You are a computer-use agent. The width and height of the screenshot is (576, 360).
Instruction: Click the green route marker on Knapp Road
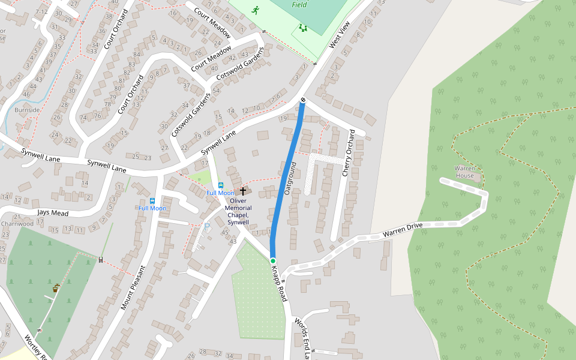(272, 260)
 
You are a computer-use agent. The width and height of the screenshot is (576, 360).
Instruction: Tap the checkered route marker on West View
(303, 100)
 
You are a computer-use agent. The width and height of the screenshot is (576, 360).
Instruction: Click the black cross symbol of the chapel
(243, 191)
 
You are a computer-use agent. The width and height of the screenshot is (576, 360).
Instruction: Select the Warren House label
(464, 172)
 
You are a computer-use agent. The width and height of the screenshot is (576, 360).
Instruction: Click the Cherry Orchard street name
(349, 152)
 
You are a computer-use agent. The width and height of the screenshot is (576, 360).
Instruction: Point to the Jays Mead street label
(53, 213)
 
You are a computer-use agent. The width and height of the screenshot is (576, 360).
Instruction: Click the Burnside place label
(28, 110)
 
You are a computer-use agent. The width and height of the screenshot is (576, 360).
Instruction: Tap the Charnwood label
(17, 224)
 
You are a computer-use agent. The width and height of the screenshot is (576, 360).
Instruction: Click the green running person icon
(256, 10)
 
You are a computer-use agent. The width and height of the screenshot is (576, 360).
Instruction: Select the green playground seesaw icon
(303, 28)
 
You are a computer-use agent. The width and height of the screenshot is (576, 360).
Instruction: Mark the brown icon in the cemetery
(56, 289)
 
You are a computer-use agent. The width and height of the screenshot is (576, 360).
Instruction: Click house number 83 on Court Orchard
(131, 64)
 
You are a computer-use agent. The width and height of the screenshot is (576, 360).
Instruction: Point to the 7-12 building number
(41, 11)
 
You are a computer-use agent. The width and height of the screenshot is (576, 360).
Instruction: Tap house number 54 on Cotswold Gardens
(216, 89)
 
